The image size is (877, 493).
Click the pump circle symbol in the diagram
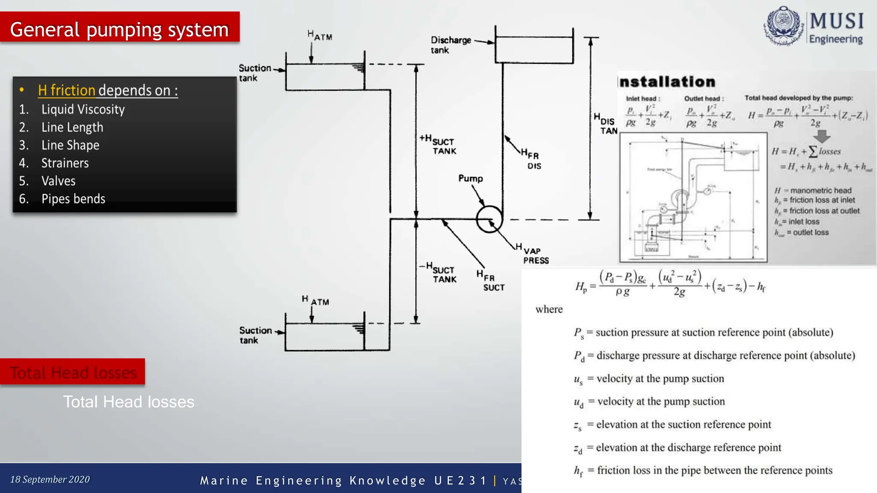[489, 219]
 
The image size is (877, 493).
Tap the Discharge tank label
[450, 45]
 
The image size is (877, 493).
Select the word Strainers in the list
[65, 163]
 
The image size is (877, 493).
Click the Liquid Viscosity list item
[83, 110]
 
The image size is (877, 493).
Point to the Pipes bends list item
[73, 199]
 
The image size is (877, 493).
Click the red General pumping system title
[119, 29]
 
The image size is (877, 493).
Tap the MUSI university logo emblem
[783, 26]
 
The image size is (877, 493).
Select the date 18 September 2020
[50, 479]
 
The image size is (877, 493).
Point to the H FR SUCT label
[491, 281]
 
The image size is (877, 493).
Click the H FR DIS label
[531, 159]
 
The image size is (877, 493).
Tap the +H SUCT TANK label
[438, 144]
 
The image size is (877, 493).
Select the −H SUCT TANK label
[438, 273]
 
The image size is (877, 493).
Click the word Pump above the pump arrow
[471, 178]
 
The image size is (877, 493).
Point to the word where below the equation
[549, 309]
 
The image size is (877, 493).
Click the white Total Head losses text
[129, 402]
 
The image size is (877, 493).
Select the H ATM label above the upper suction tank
[320, 36]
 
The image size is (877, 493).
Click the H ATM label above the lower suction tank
[316, 300]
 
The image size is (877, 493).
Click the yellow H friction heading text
[66, 90]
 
